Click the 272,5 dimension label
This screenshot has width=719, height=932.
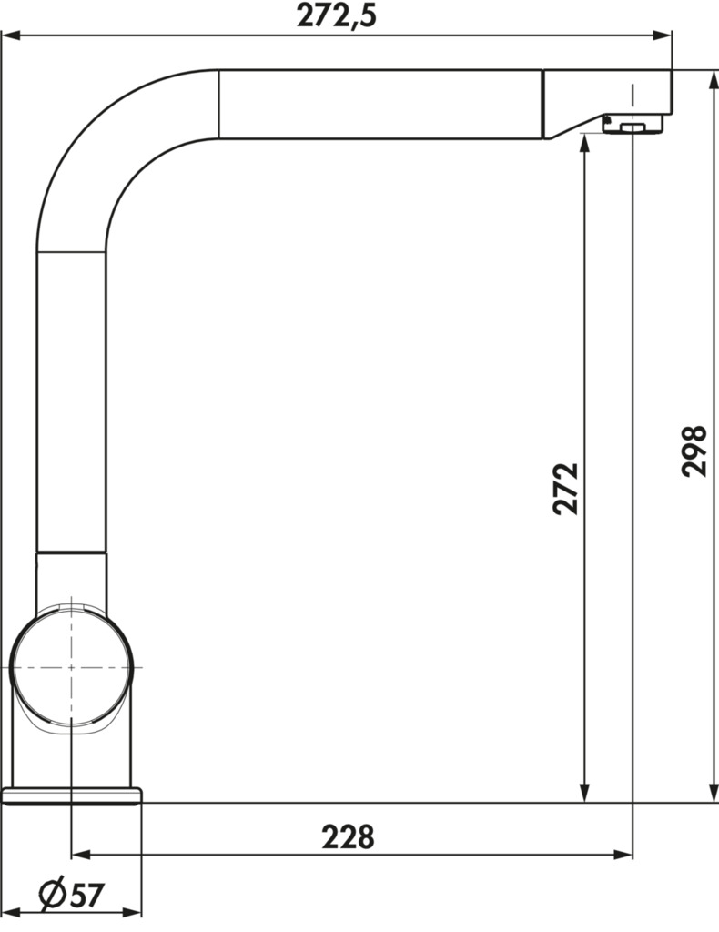tap(337, 15)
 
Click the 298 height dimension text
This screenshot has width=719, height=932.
tap(694, 451)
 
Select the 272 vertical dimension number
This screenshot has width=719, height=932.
tap(565, 488)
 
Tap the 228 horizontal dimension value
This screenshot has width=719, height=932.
tap(349, 837)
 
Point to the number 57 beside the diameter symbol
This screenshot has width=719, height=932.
tap(87, 896)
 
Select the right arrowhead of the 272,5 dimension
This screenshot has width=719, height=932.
tap(663, 35)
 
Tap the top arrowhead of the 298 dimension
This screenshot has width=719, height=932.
tap(713, 80)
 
